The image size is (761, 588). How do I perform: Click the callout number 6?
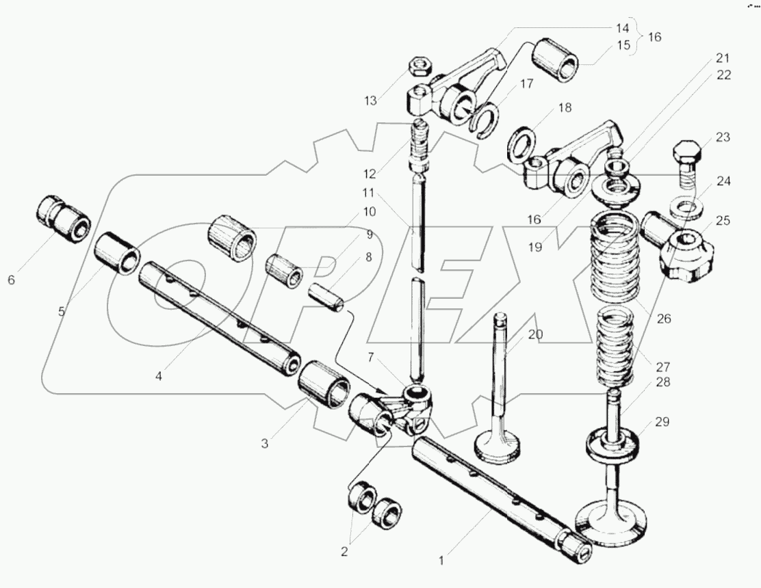coord(10,280)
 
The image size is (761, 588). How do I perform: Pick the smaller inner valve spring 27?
coord(615,345)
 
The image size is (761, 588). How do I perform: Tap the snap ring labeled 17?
coord(487,122)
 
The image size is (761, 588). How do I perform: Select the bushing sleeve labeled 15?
coord(558,60)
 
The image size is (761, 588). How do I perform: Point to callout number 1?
coord(441,561)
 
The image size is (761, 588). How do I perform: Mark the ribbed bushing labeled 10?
coord(232,237)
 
